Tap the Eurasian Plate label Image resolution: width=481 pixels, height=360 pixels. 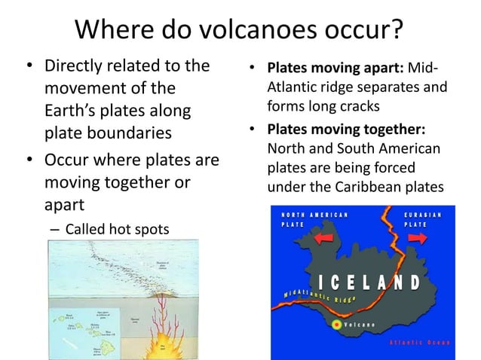pos(427,219)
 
